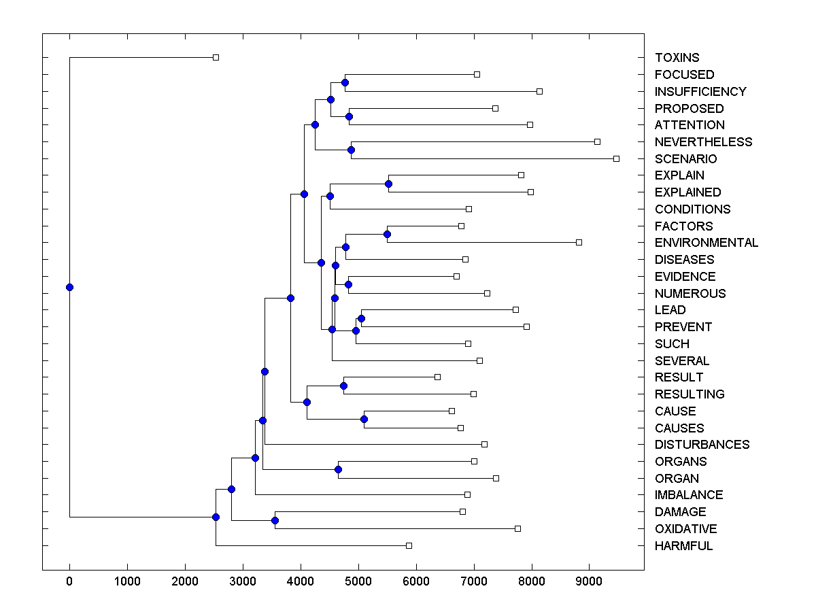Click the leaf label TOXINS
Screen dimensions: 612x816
pyautogui.click(x=677, y=58)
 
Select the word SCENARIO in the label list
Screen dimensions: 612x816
pyautogui.click(x=685, y=158)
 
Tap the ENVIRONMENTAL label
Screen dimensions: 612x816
pyautogui.click(x=707, y=243)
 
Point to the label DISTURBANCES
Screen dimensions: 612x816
pyautogui.click(x=702, y=444)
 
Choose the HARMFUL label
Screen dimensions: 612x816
pyautogui.click(x=683, y=545)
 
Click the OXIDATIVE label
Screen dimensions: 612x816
pyautogui.click(x=685, y=528)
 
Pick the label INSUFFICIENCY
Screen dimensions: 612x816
pyautogui.click(x=700, y=91)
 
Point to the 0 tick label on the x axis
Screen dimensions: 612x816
pyautogui.click(x=69, y=580)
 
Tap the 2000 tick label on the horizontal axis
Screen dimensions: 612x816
pyautogui.click(x=185, y=580)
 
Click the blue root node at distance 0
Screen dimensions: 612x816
pyautogui.click(x=69, y=287)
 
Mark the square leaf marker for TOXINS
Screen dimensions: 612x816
pyautogui.click(x=216, y=58)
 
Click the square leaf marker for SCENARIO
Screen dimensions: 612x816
pyautogui.click(x=616, y=158)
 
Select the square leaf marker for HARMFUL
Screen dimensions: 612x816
pyautogui.click(x=409, y=545)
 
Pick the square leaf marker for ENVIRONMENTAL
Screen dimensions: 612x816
pyautogui.click(x=579, y=242)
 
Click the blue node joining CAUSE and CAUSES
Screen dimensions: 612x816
pyautogui.click(x=364, y=419)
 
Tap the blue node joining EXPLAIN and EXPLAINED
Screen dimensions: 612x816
pyautogui.click(x=388, y=184)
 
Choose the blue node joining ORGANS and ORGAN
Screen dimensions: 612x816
pyautogui.click(x=338, y=469)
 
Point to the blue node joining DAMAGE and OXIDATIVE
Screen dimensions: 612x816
pyautogui.click(x=275, y=520)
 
